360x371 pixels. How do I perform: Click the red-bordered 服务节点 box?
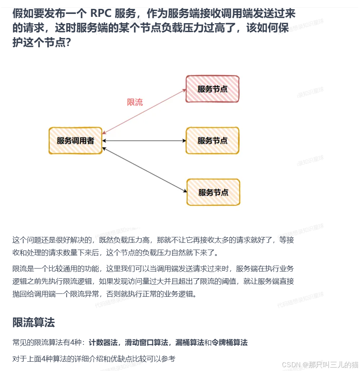(212, 89)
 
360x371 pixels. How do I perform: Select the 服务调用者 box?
(76, 141)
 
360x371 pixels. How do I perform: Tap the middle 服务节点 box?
(212, 140)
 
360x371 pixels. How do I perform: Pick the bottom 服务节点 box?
(213, 192)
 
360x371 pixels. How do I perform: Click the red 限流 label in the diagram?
(135, 102)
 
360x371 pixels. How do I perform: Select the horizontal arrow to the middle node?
(143, 140)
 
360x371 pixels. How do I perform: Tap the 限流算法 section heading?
(34, 323)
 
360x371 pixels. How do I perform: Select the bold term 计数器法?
(103, 342)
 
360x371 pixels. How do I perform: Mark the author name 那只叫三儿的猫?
(333, 364)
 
